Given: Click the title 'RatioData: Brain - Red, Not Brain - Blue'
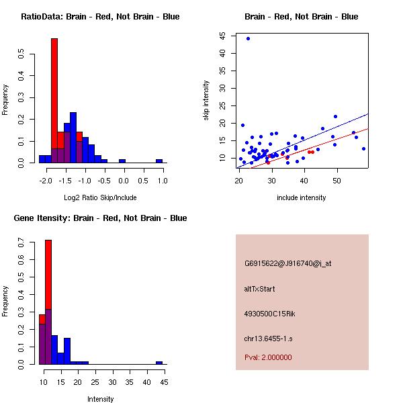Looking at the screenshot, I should point(100,17).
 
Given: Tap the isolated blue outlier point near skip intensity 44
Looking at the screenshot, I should point(248,38).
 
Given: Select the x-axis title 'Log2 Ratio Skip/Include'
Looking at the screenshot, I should point(100,197).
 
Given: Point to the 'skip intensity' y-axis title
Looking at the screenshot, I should point(207,101).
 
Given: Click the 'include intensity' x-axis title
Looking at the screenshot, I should point(302,197).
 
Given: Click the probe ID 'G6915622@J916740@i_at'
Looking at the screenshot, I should point(288,263).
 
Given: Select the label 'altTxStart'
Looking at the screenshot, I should point(259,289).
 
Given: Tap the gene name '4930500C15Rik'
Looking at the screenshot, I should point(269,314).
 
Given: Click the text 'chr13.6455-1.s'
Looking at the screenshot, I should point(269,338).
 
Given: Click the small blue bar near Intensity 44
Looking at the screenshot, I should point(159,363).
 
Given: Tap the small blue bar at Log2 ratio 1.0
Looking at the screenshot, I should point(159,161).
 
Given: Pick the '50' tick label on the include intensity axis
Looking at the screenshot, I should point(337,180).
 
